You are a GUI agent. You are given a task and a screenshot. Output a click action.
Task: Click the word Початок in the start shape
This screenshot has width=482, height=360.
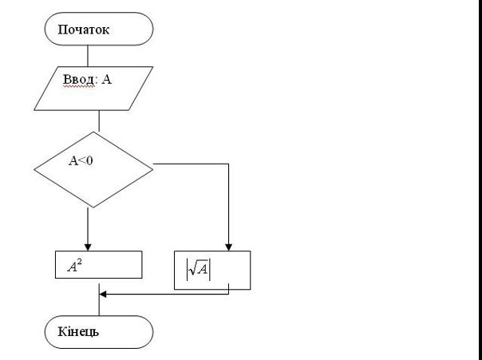click(x=84, y=30)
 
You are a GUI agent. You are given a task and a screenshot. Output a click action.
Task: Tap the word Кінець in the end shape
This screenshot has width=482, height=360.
click(x=78, y=332)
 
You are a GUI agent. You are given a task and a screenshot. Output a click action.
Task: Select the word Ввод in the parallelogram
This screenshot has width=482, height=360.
click(x=79, y=80)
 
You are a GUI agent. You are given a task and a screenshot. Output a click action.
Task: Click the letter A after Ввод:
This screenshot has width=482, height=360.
click(x=106, y=80)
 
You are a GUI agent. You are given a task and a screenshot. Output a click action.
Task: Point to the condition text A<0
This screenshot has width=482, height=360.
click(x=81, y=160)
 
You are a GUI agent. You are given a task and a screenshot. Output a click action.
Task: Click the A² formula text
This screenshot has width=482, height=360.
click(x=75, y=266)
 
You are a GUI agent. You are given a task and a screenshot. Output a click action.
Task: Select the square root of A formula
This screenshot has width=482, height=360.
click(x=198, y=269)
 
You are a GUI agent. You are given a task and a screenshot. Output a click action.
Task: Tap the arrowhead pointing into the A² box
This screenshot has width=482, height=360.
click(x=88, y=247)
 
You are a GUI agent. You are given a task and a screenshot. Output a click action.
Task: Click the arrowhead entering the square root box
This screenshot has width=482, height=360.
click(x=228, y=247)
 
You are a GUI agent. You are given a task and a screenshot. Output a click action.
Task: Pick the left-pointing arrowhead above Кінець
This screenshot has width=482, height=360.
click(x=103, y=295)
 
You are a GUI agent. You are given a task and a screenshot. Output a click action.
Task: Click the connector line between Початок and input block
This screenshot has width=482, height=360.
click(x=88, y=56)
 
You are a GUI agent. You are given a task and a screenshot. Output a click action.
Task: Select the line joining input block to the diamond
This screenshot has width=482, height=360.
click(x=99, y=121)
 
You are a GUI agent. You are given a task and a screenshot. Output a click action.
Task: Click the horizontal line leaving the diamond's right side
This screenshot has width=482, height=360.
click(x=191, y=164)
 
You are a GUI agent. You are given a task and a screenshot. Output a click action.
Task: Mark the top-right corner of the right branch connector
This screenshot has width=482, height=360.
click(x=228, y=164)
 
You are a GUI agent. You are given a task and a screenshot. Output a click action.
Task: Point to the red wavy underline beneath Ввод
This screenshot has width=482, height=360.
click(x=79, y=86)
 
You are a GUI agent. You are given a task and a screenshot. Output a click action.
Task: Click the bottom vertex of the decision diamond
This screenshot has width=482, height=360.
click(x=93, y=208)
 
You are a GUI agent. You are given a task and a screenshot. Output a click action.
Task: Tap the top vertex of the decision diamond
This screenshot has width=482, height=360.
click(x=93, y=133)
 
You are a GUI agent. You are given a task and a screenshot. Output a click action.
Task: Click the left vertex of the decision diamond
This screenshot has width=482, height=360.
click(x=34, y=169)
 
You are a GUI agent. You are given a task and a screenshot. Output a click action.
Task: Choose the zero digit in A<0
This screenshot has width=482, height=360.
click(x=89, y=160)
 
